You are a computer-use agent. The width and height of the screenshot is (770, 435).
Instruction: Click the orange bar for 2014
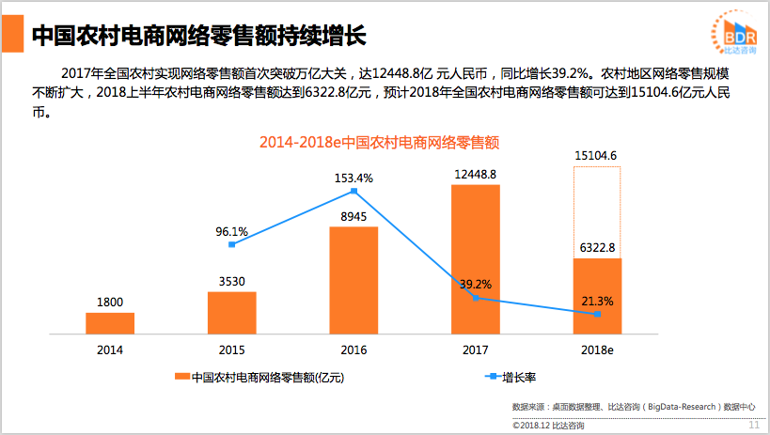click(x=110, y=323)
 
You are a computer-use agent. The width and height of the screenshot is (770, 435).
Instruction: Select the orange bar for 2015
click(x=232, y=312)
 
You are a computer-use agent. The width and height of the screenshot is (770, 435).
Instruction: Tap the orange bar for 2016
click(x=354, y=280)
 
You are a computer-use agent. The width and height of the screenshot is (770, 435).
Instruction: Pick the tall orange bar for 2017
click(x=476, y=258)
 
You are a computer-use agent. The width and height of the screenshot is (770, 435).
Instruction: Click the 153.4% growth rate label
click(x=354, y=178)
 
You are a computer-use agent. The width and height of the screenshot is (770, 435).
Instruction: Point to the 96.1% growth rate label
click(x=231, y=231)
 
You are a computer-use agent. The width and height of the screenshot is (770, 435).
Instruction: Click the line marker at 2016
click(x=354, y=191)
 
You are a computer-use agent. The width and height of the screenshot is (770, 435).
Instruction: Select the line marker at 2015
click(x=232, y=244)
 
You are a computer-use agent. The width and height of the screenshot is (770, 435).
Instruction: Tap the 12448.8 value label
click(x=475, y=174)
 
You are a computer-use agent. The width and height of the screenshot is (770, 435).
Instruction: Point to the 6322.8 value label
click(x=597, y=248)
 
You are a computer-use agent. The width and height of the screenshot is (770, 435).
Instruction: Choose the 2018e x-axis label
click(x=597, y=350)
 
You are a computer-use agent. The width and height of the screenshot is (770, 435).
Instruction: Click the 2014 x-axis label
click(x=110, y=350)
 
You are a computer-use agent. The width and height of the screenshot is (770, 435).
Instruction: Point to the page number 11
click(x=753, y=425)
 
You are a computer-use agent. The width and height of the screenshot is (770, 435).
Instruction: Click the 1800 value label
click(x=110, y=302)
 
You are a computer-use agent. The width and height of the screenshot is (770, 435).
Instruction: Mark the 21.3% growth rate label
click(x=598, y=302)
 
